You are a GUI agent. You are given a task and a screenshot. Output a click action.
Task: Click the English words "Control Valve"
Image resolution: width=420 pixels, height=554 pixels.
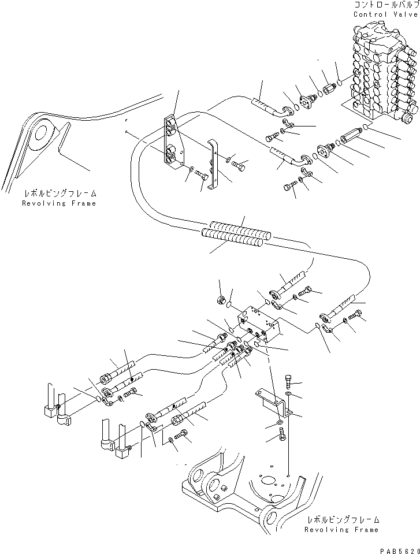[384, 14]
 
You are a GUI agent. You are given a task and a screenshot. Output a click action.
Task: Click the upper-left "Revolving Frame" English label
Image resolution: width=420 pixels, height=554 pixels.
[59, 203]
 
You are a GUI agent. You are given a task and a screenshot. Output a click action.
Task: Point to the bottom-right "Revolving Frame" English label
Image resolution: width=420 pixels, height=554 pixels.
[342, 529]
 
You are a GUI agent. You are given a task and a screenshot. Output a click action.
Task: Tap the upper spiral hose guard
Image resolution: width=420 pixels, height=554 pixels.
[240, 226]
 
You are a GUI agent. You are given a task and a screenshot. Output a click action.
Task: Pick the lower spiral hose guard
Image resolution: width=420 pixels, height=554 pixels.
[231, 239]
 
